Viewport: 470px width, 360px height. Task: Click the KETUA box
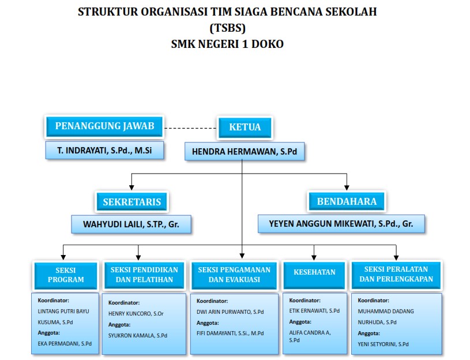245,127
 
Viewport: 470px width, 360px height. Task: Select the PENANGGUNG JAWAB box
103,126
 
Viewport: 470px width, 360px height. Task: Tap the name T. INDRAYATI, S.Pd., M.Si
103,150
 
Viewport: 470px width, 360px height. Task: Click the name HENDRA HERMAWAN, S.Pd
244,151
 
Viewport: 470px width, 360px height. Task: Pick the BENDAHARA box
347,201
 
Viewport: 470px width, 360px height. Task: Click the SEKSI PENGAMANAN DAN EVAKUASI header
235,275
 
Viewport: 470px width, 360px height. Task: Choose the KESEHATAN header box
314,272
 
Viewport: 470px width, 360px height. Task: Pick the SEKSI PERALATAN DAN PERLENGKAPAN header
396,275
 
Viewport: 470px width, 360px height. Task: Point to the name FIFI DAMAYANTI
230,333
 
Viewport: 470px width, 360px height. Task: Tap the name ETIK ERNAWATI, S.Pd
314,311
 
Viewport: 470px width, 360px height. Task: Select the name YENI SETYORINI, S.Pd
383,344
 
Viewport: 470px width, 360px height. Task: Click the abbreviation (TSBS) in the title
227,28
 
